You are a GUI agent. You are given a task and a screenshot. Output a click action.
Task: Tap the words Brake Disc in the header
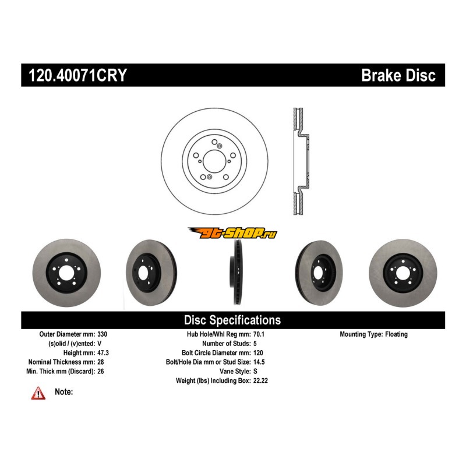tap(398, 76)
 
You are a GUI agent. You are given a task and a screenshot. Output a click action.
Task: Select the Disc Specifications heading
tap(232, 320)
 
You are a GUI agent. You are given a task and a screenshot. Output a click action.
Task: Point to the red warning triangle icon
tap(38, 394)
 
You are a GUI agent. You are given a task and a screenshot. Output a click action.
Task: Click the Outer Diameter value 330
tap(103, 335)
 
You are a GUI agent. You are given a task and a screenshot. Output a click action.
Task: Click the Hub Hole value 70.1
tap(260, 335)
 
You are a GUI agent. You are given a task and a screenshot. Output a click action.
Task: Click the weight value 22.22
tap(261, 380)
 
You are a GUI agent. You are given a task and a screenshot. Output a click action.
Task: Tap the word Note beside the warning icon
tap(63, 392)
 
